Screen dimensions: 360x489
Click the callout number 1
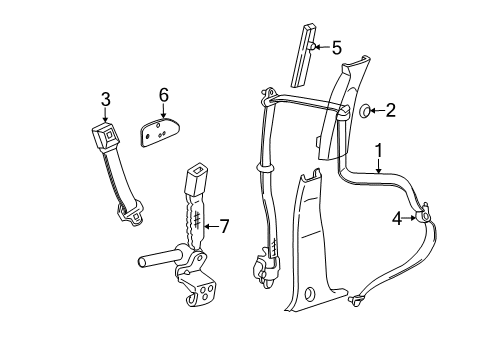point(378,151)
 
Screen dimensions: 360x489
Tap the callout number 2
point(389,110)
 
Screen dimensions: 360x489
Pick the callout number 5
point(336,47)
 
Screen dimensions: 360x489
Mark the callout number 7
point(224,226)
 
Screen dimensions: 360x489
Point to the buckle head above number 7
point(193,186)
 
